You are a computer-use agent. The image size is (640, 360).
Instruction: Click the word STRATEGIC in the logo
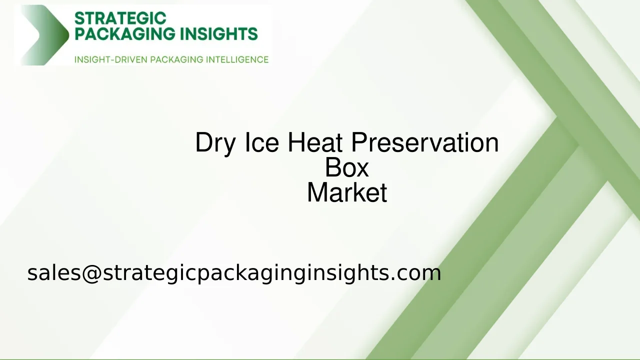[120, 18]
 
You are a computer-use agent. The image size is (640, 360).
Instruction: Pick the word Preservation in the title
[424, 142]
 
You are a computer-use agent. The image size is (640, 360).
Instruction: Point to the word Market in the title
[346, 192]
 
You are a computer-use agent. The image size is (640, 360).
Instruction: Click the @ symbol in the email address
[91, 273]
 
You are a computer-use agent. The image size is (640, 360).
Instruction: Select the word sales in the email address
[54, 273]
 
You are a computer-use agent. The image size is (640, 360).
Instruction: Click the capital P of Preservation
[358, 142]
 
